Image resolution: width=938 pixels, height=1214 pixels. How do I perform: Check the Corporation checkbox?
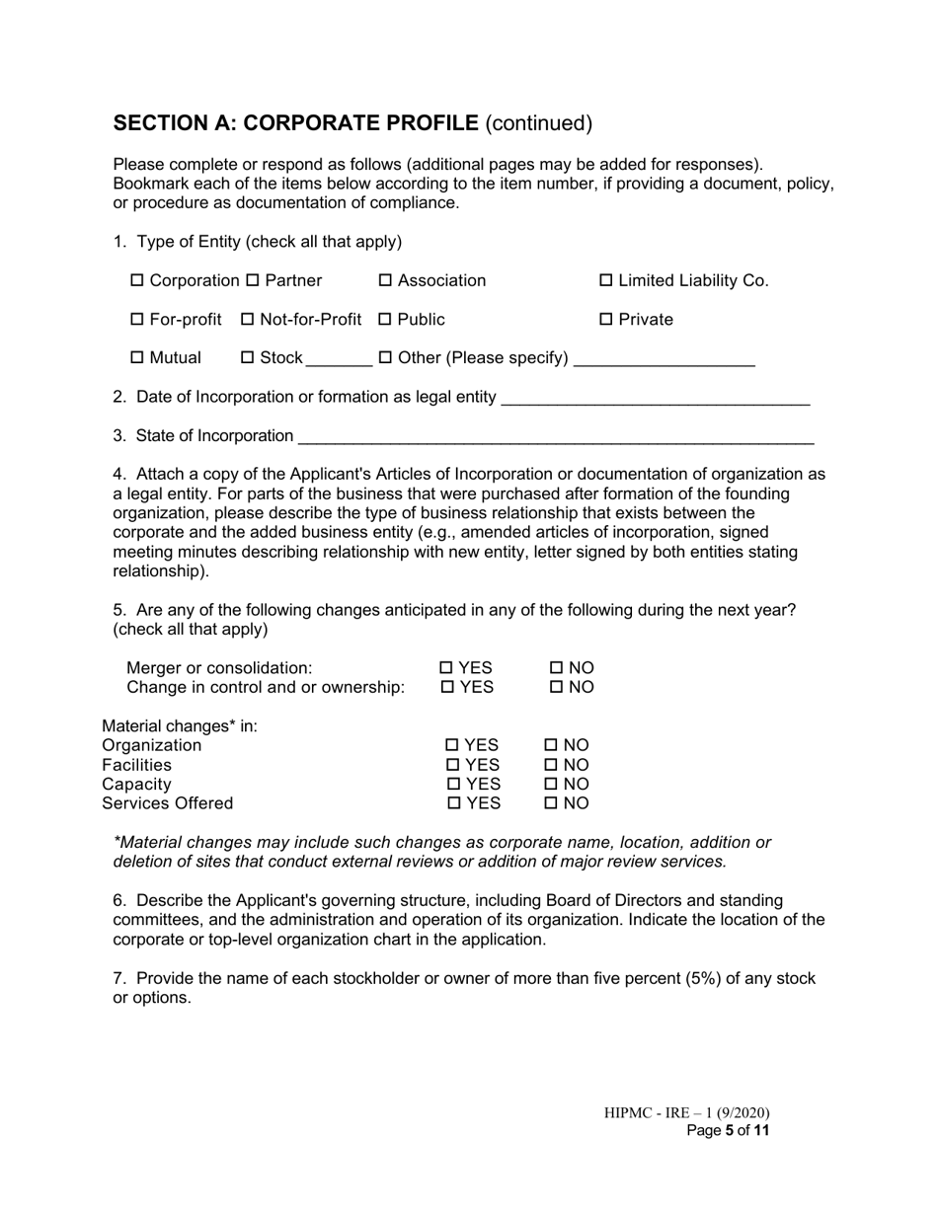tap(137, 281)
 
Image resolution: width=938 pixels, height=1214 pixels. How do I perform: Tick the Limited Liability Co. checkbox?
tap(606, 281)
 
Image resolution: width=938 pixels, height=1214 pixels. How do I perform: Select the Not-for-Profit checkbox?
tap(248, 320)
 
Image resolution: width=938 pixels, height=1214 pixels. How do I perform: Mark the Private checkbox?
tap(606, 320)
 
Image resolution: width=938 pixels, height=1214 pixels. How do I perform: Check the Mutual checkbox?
tap(137, 358)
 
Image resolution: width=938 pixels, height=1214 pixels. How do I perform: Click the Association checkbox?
tap(386, 281)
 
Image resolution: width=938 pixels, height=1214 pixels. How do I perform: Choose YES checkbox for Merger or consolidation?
tap(447, 668)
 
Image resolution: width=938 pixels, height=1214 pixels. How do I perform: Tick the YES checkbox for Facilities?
tap(453, 765)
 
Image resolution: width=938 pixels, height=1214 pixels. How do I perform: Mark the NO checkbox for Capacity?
tap(551, 785)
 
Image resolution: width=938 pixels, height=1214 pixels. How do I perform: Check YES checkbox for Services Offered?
tap(453, 803)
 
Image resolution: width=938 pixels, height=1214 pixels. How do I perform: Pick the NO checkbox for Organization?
tap(551, 745)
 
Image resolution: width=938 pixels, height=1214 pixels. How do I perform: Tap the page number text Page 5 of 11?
tap(728, 1131)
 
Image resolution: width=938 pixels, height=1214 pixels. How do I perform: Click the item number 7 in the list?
tap(118, 979)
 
